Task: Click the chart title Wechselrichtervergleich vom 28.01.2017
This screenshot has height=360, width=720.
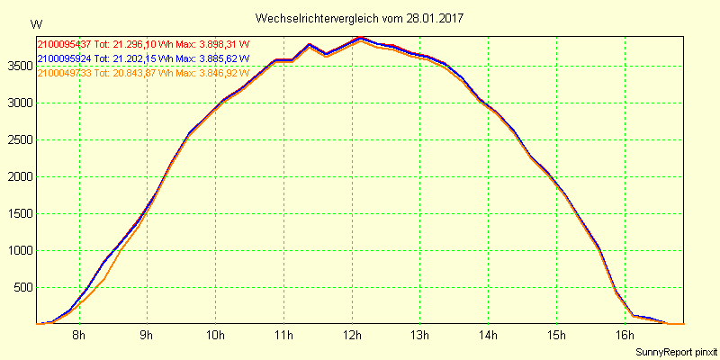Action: (x=360, y=18)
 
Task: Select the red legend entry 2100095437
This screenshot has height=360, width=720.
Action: (x=65, y=43)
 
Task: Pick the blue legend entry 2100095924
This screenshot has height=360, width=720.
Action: (x=65, y=58)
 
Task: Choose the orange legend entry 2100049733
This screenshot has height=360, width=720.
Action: (x=65, y=73)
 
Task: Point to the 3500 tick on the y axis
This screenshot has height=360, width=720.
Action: (x=18, y=66)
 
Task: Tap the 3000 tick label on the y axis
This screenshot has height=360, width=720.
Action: (x=18, y=103)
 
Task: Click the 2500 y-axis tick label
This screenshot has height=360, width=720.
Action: (x=18, y=139)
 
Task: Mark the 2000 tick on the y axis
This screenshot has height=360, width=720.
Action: (x=18, y=176)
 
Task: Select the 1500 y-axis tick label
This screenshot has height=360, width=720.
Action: (x=18, y=213)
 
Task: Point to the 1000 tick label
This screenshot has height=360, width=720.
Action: (x=18, y=250)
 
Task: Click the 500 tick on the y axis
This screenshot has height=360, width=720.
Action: (x=22, y=287)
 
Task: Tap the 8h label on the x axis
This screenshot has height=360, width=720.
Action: (x=79, y=336)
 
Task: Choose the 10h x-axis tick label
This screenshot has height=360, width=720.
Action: (x=215, y=336)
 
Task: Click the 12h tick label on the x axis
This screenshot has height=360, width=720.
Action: (x=352, y=336)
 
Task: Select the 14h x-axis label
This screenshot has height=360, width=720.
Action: (x=488, y=336)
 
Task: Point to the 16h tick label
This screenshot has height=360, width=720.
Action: (x=625, y=336)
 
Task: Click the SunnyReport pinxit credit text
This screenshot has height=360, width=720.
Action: (x=676, y=351)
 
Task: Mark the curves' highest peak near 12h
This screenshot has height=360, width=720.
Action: (x=361, y=38)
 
